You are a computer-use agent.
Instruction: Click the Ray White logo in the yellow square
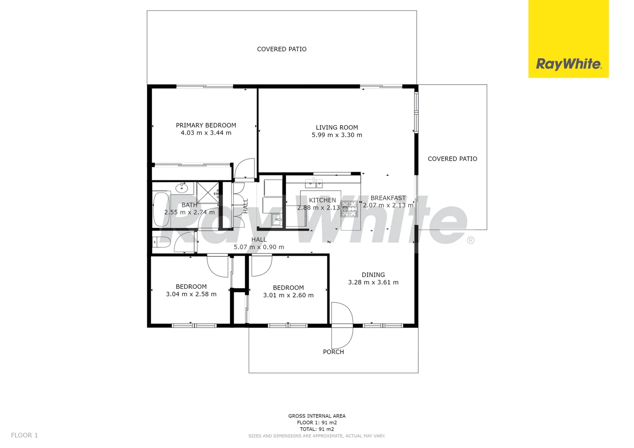click(x=568, y=64)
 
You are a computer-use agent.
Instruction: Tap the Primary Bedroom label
click(x=206, y=125)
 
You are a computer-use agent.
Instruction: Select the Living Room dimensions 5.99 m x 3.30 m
click(x=337, y=135)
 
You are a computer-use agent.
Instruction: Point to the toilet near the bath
click(x=162, y=242)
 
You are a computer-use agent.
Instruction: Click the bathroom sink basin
click(x=182, y=188)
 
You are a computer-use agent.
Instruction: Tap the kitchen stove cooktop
click(x=349, y=209)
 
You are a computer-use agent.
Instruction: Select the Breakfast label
click(x=388, y=198)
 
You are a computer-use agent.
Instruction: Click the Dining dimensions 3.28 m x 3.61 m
click(x=373, y=282)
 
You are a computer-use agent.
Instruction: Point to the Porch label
click(x=333, y=352)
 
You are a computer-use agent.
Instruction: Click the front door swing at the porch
click(x=343, y=326)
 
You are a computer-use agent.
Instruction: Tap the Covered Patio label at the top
click(x=282, y=49)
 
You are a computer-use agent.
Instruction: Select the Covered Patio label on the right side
click(x=452, y=159)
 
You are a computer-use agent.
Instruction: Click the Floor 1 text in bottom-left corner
click(x=24, y=435)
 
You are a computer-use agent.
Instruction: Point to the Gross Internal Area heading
click(x=317, y=416)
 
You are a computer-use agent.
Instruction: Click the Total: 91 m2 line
click(x=317, y=429)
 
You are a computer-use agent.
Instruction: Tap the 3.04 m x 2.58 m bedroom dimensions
click(x=191, y=295)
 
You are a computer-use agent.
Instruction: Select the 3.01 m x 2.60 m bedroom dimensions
click(x=288, y=295)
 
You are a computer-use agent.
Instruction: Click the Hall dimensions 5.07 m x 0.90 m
click(x=258, y=247)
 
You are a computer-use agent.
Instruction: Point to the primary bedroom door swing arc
click(x=245, y=168)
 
